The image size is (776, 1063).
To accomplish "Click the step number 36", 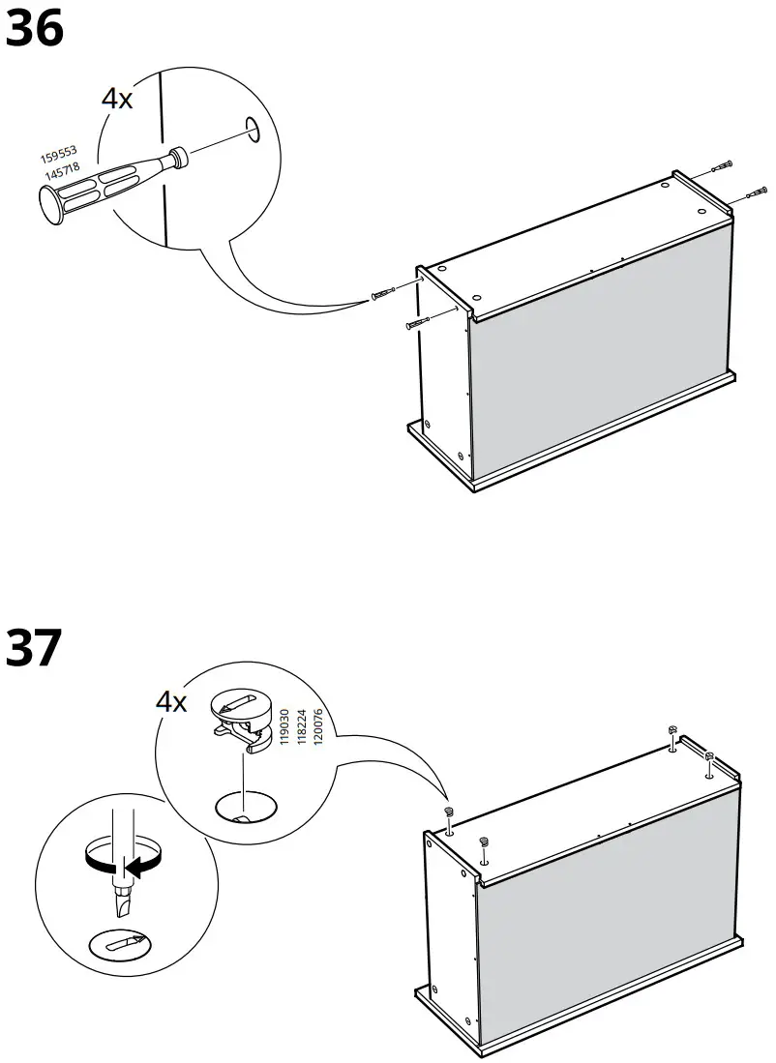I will click(35, 29).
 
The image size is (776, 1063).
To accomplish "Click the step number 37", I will click(35, 648).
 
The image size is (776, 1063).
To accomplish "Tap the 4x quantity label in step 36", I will click(117, 99).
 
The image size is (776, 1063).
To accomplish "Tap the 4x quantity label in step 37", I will click(171, 701).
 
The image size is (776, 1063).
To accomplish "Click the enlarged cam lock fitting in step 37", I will click(240, 720).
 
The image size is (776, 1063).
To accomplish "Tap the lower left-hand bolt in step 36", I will click(417, 323).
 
